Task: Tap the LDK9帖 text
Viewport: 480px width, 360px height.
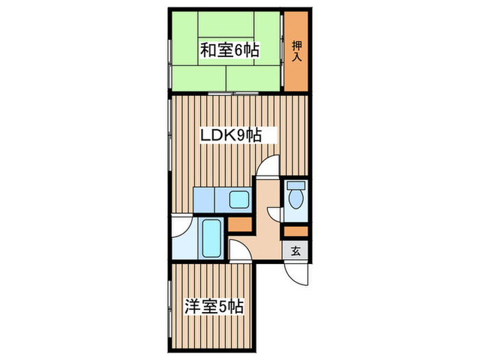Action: click(x=230, y=136)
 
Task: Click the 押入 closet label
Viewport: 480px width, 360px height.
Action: click(x=296, y=50)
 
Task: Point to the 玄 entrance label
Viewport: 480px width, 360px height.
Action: click(x=296, y=251)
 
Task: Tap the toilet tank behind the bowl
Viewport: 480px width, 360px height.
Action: click(x=296, y=185)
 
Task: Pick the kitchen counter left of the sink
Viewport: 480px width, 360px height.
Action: click(x=204, y=200)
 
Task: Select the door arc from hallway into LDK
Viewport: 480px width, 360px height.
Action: click(x=269, y=167)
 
